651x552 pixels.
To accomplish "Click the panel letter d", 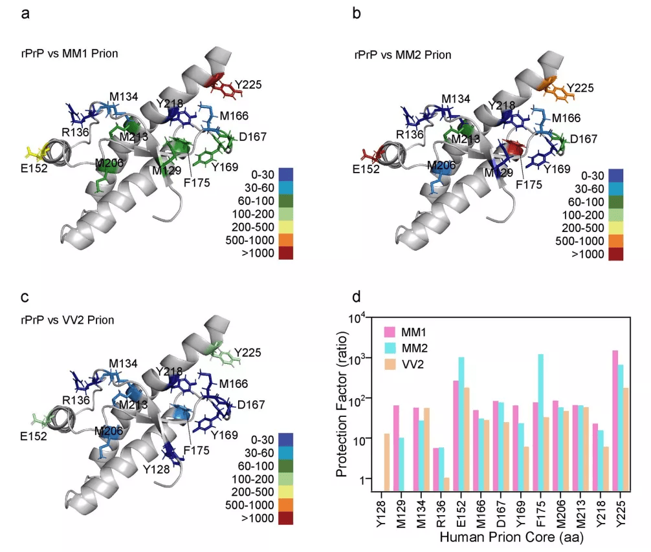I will click(x=357, y=298).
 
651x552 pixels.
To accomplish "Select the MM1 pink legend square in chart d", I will click(x=390, y=332).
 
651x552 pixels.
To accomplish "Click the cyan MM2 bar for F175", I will click(x=540, y=423).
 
